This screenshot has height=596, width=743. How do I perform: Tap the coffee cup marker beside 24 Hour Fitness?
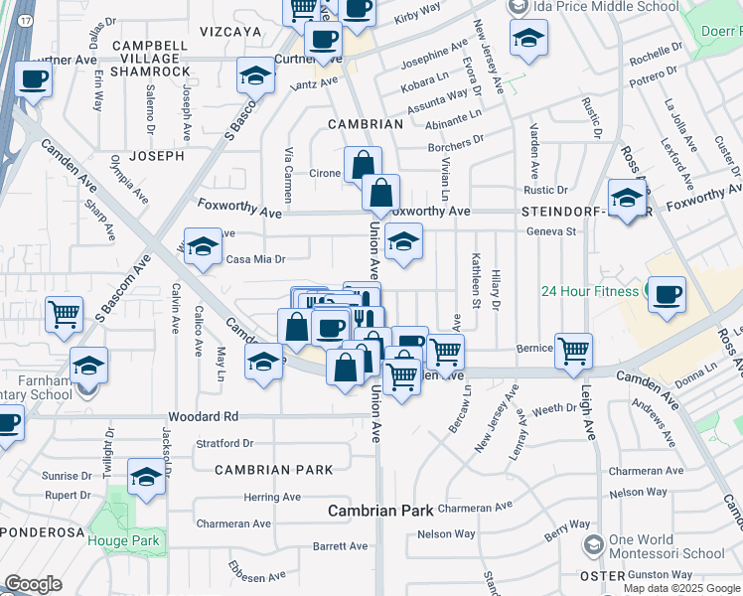point(667,294)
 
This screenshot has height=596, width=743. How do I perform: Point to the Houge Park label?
point(123,539)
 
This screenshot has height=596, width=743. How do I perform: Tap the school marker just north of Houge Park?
point(146,477)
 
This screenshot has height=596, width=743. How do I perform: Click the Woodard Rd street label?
point(204,416)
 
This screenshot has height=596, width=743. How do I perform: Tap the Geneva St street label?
point(557,231)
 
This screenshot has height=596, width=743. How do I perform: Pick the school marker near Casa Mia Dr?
point(203,250)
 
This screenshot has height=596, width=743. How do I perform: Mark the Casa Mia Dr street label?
point(256,259)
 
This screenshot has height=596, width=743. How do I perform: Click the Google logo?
point(33,584)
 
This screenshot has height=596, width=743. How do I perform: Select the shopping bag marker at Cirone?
point(363,165)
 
